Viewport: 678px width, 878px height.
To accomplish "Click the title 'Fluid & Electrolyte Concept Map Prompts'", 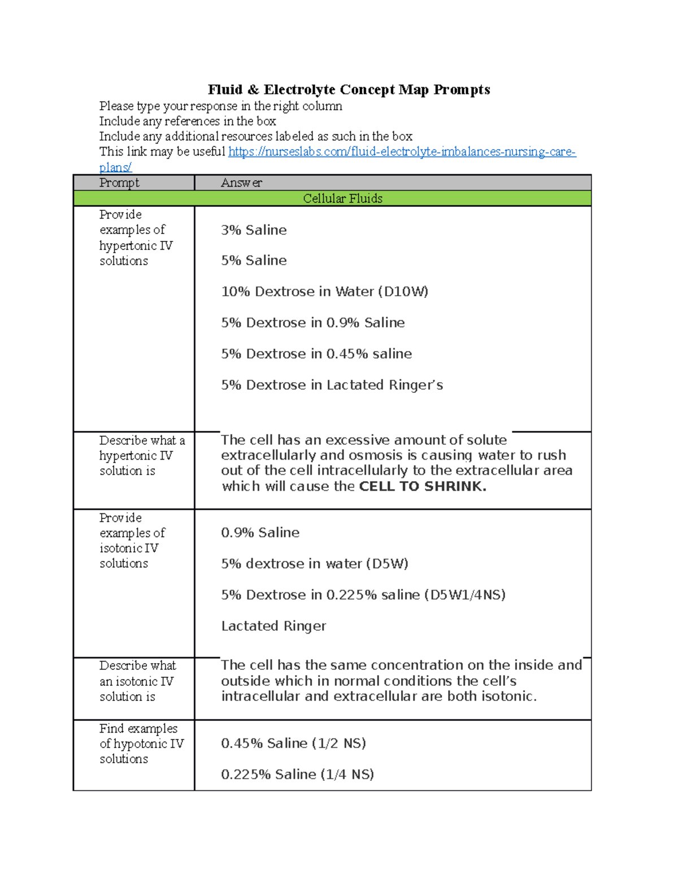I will [349, 90].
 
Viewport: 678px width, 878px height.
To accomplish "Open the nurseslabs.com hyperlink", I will [401, 152].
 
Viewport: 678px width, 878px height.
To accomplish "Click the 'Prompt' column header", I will [119, 183].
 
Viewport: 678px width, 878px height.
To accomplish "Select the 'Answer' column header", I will [241, 183].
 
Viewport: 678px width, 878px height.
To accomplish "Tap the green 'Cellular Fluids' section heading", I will [342, 198].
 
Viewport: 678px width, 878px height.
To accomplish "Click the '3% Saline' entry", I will [254, 230].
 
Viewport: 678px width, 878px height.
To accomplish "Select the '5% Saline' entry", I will [254, 261].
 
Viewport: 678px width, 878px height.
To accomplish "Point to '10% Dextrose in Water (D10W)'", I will [324, 292].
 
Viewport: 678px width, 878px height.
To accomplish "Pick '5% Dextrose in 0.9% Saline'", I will [312, 323].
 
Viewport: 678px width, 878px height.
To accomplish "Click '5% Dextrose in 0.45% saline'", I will [316, 354].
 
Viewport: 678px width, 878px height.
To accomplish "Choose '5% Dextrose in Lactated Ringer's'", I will [332, 385].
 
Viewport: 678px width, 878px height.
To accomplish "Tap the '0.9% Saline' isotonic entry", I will [260, 533].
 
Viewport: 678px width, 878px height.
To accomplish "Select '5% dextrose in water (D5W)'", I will [314, 564].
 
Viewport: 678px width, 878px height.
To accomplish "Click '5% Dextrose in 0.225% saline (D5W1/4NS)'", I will [363, 595].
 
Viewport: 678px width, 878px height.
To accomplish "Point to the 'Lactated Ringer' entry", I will [273, 626].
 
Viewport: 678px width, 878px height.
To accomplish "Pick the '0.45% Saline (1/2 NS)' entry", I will [293, 743].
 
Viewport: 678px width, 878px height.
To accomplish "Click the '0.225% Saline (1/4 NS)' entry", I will [297, 775].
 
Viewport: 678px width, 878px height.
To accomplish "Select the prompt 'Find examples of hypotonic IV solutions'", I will [141, 743].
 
